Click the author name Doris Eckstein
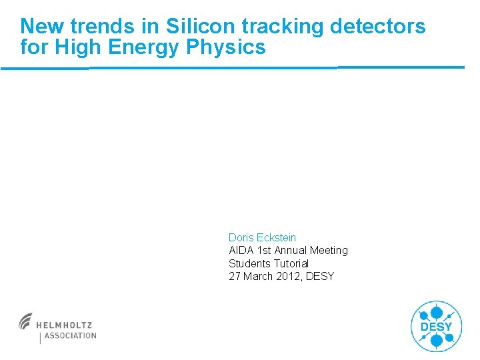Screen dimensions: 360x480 tap(262, 237)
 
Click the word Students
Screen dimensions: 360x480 tap(249, 263)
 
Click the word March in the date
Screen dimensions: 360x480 tap(258, 276)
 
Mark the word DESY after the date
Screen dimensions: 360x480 tap(320, 276)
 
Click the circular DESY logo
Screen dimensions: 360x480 tap(436, 327)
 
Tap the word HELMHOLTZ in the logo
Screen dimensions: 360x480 tap(64, 325)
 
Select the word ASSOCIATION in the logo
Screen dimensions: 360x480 tap(70, 336)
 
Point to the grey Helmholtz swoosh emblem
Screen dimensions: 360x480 tap(26, 321)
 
